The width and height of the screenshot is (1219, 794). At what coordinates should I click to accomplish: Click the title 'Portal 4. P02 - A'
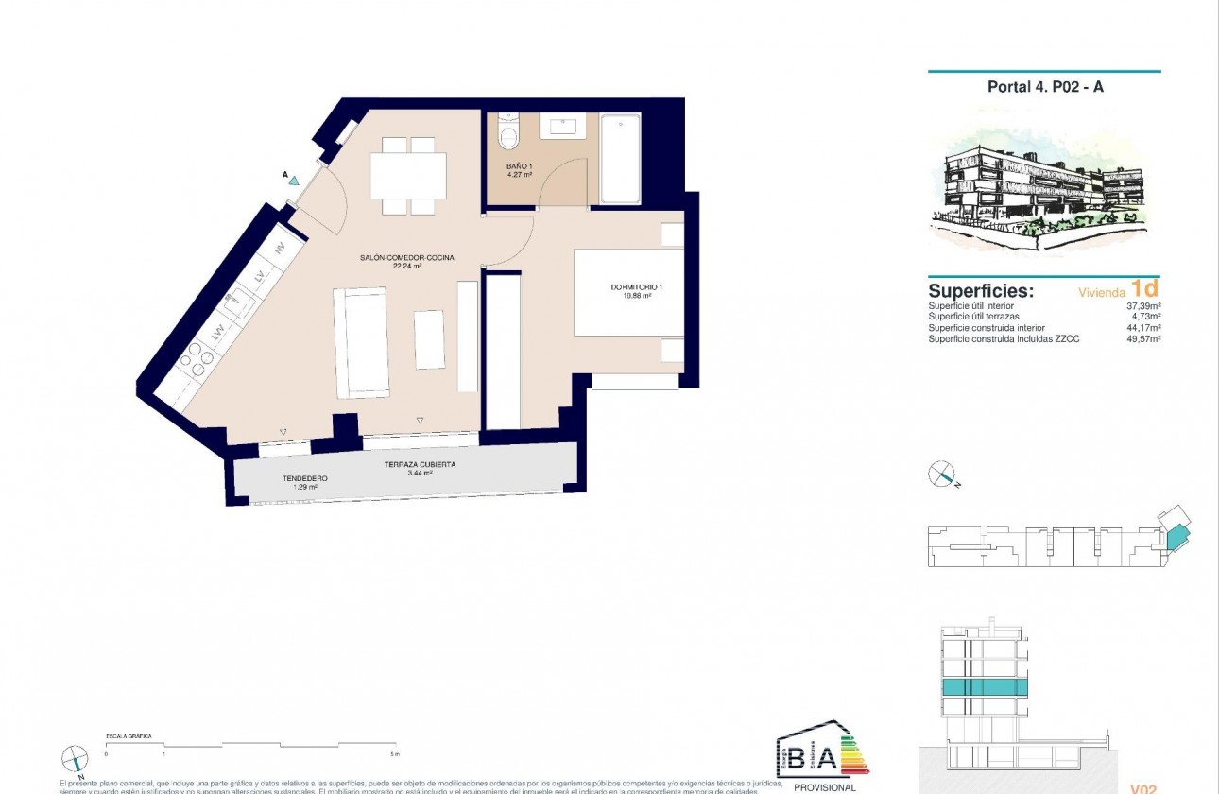(1045, 86)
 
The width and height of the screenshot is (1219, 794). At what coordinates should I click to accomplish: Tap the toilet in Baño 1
(509, 133)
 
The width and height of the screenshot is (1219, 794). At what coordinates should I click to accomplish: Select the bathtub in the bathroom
(620, 158)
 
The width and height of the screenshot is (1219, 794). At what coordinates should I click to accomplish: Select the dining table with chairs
(408, 175)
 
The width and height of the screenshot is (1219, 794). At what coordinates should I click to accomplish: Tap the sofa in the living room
(361, 342)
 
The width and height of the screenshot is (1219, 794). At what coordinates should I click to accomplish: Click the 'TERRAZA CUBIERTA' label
(420, 465)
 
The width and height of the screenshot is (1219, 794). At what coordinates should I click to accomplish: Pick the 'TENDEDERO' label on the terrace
(304, 478)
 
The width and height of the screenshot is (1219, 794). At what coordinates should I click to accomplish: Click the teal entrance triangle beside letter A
(294, 180)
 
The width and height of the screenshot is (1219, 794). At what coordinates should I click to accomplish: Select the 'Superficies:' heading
(980, 291)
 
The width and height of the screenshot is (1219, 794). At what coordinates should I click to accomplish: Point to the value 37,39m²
(1142, 306)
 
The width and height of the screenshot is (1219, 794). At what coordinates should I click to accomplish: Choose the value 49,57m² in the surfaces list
(1142, 338)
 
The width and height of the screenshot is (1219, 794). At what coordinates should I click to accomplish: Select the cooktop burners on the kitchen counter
(197, 354)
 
